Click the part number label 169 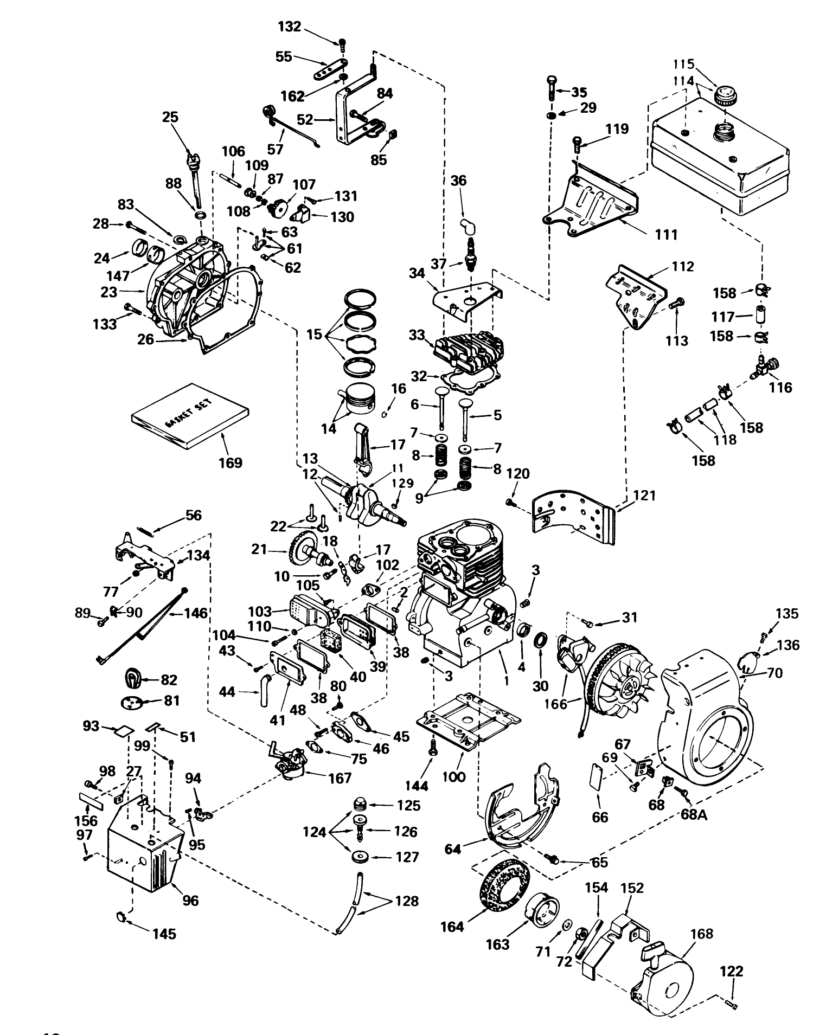pyautogui.click(x=230, y=463)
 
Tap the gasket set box pyautogui.click(x=190, y=415)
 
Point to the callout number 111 pyautogui.click(x=667, y=234)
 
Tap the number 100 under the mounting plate pyautogui.click(x=454, y=777)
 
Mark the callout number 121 pyautogui.click(x=645, y=496)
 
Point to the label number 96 pyautogui.click(x=190, y=900)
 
